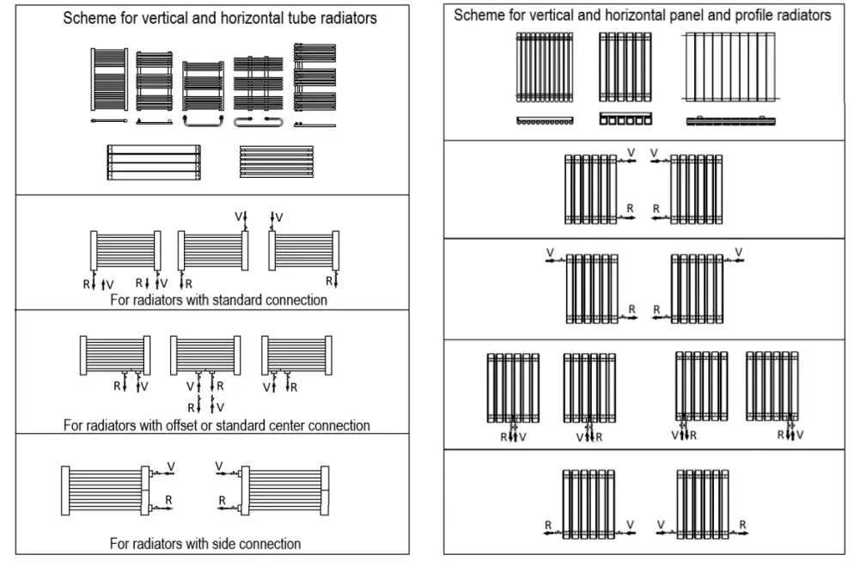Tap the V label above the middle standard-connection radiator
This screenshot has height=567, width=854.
point(239,216)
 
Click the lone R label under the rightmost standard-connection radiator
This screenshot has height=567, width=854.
point(328,280)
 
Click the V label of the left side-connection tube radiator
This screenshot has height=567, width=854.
point(171,466)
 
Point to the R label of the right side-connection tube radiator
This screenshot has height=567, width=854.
point(223,500)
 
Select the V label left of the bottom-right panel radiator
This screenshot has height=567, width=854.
point(661,524)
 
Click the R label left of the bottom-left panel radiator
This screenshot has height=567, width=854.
point(547,524)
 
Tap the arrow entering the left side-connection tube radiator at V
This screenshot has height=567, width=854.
point(161,473)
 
